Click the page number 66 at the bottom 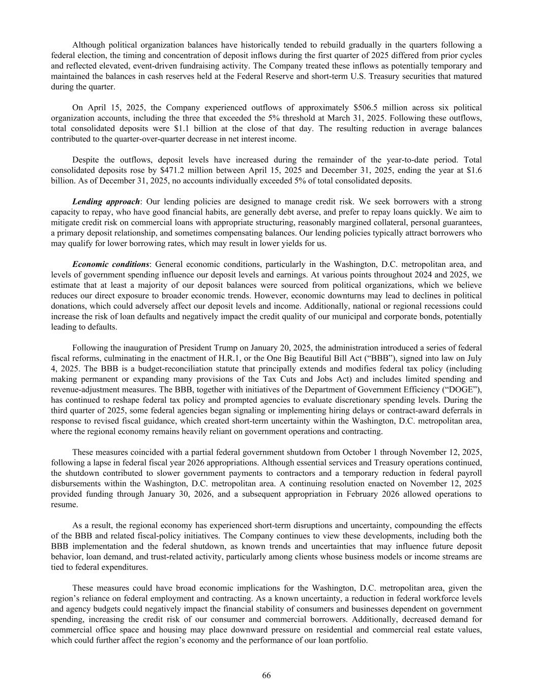pyautogui.click(x=266, y=675)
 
